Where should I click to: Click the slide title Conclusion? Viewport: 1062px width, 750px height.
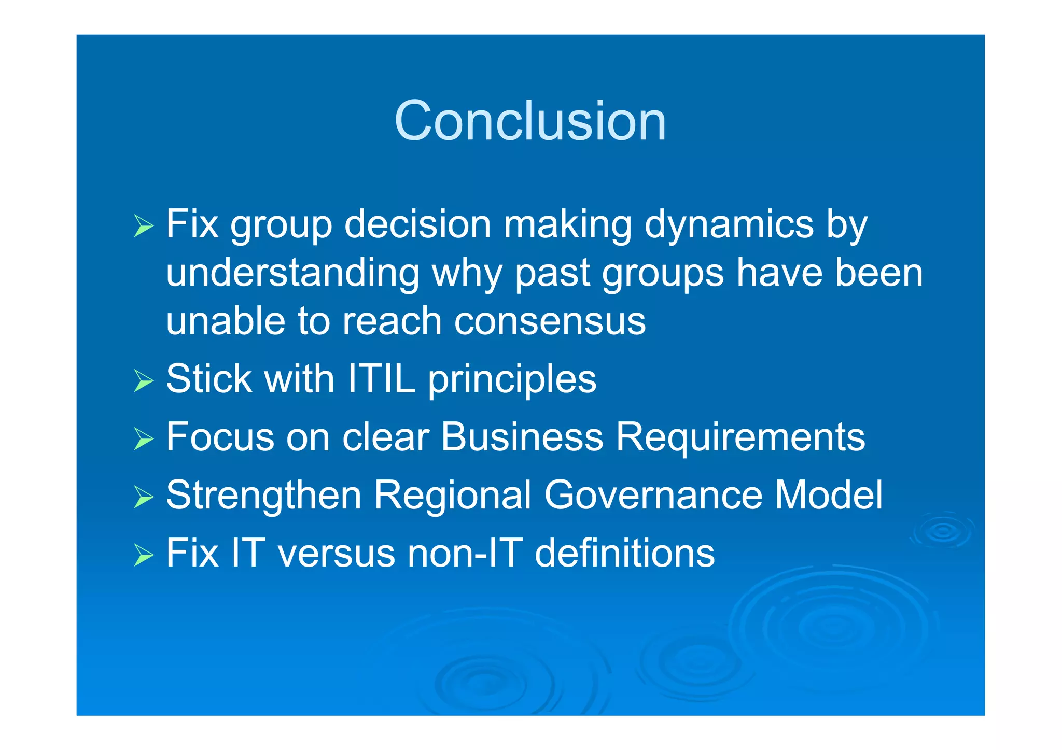point(530,121)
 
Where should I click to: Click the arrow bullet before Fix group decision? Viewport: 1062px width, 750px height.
point(144,226)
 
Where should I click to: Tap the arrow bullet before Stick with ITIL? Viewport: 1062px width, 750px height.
point(144,381)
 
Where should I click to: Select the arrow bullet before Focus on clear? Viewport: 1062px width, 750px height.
point(144,439)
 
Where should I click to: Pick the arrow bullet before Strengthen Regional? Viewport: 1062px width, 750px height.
point(144,497)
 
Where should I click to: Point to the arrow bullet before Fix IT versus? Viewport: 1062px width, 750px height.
point(144,555)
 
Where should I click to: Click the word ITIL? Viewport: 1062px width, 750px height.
point(381,378)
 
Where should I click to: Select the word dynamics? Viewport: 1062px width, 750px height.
point(729,225)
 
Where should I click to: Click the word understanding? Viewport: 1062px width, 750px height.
point(292,274)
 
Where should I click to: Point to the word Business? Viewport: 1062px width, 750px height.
point(522,436)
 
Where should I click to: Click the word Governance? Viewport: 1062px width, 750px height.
point(653,495)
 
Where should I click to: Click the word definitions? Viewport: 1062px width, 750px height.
point(624,553)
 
